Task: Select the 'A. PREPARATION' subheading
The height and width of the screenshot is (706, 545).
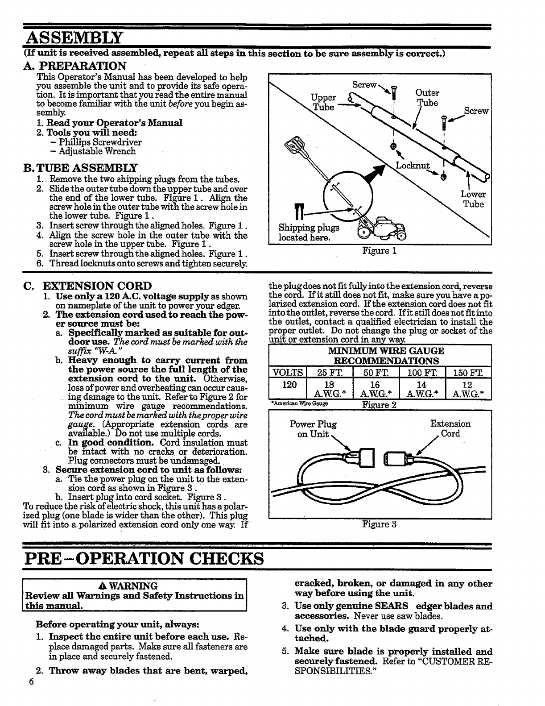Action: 82,66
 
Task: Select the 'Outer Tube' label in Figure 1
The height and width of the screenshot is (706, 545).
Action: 427,98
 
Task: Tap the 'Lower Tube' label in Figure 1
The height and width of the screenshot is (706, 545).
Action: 473,199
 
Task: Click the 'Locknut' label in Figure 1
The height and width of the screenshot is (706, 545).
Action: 413,166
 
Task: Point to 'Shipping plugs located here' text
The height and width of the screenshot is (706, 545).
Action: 309,233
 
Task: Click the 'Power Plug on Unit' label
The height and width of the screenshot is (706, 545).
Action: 313,429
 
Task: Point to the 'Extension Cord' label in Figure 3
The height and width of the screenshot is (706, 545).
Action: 450,429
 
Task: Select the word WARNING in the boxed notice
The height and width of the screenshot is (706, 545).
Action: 138,586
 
